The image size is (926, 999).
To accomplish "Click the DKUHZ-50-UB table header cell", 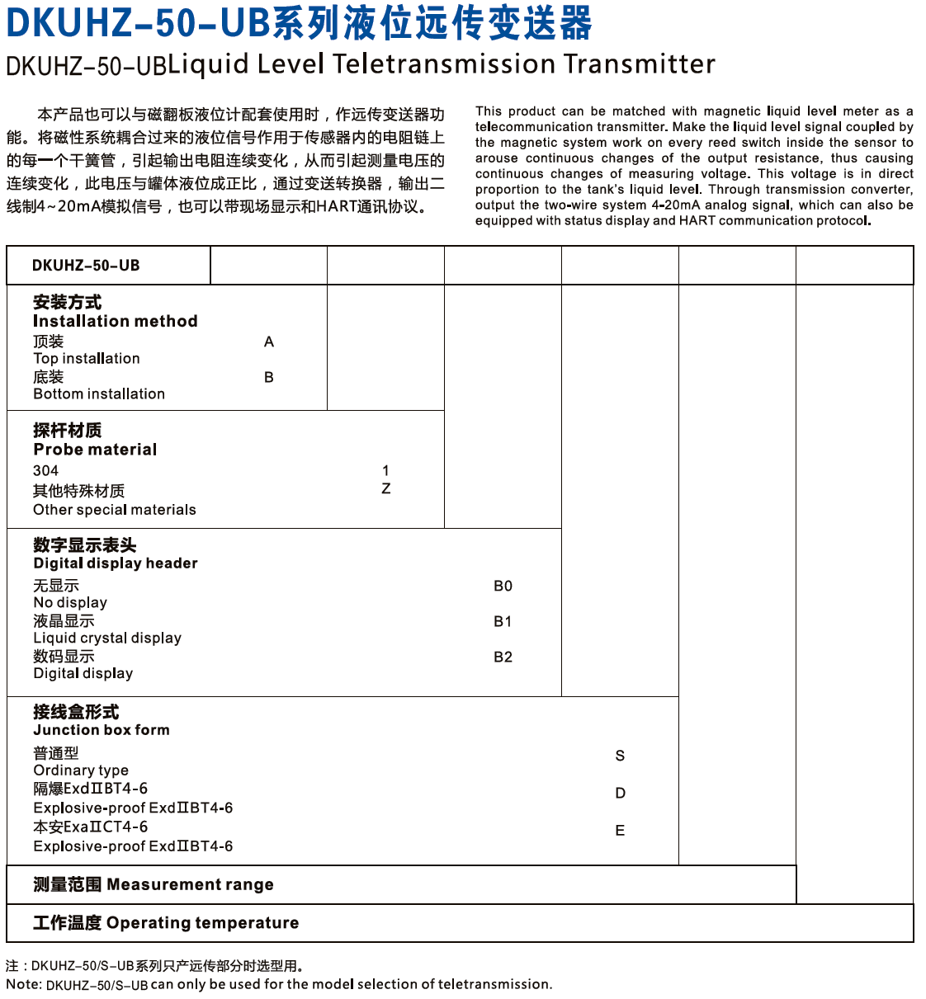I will [x=86, y=266].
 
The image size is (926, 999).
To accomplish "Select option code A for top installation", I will [x=269, y=342].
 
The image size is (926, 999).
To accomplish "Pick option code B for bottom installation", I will [x=269, y=378].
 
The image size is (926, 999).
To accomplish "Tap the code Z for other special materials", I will [x=386, y=489].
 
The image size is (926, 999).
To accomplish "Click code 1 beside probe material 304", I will [x=386, y=470].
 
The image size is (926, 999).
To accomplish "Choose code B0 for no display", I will [x=503, y=587].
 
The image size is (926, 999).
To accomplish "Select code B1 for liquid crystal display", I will [x=503, y=622].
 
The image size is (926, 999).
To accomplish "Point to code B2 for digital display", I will [x=503, y=657].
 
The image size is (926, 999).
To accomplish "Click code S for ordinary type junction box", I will [x=620, y=756].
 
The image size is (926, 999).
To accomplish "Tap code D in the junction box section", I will [x=620, y=794].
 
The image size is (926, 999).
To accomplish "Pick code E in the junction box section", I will [x=620, y=831].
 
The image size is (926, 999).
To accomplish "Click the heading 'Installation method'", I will [x=116, y=322].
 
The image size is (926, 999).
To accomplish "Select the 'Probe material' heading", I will [x=95, y=450].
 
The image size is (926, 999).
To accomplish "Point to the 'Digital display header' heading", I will [x=116, y=563].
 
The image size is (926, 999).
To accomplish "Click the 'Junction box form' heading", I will [x=102, y=730].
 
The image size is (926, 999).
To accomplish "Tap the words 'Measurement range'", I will [x=190, y=885].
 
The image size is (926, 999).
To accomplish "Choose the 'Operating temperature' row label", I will [x=202, y=923].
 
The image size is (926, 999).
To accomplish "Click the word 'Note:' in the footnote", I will [x=23, y=984].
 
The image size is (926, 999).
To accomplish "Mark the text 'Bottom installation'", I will [x=99, y=394].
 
